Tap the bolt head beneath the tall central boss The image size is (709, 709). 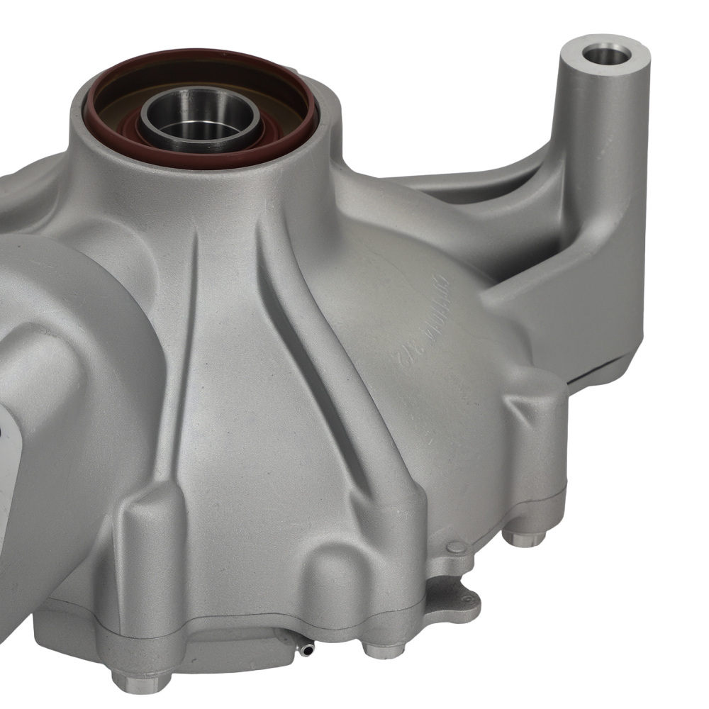point(383,648)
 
